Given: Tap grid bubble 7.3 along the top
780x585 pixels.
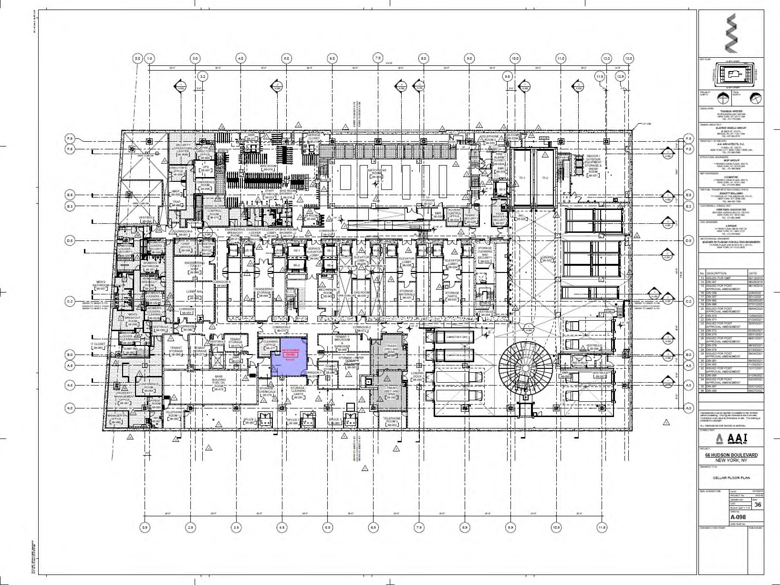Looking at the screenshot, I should click(x=377, y=59).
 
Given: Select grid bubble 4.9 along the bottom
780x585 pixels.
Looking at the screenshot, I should click(x=282, y=528).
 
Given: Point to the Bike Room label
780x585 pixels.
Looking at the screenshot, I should click(x=268, y=168).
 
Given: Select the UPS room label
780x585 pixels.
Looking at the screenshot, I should click(x=206, y=168).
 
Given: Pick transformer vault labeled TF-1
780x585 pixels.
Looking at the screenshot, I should click(x=522, y=178).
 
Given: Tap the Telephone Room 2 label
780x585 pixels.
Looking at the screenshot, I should click(x=392, y=421).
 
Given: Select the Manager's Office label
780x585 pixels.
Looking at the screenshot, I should click(x=116, y=418).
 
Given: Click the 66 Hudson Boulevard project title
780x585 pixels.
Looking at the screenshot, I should click(x=731, y=455).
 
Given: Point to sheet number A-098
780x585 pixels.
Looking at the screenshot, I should click(x=738, y=517).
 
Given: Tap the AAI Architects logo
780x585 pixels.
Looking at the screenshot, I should click(x=731, y=438).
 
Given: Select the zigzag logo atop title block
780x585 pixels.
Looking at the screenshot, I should click(x=731, y=33).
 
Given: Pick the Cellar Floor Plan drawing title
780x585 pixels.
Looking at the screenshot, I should click(x=731, y=478).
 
